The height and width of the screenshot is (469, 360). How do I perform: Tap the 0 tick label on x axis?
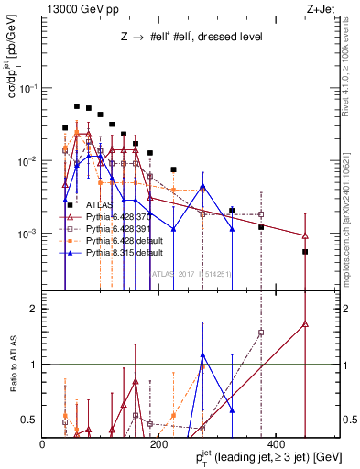click(43, 443)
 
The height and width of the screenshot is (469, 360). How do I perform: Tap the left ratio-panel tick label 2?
click(34, 309)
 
